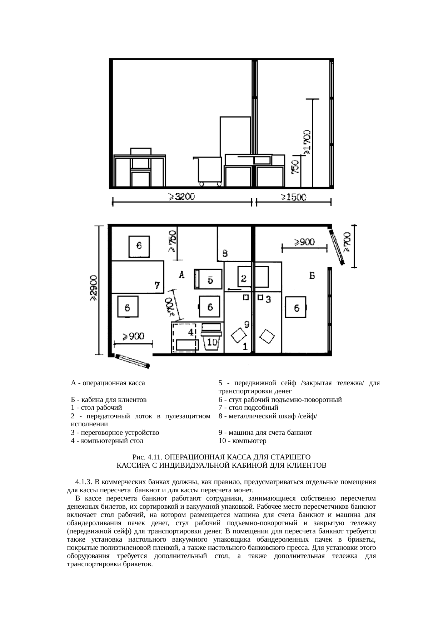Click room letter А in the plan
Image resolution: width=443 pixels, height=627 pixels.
click(x=181, y=275)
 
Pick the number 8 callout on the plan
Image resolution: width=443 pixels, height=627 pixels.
click(x=225, y=253)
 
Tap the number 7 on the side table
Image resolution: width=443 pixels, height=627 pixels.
click(x=156, y=285)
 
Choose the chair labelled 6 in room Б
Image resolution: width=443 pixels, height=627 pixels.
click(x=296, y=307)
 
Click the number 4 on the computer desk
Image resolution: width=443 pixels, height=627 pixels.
click(x=191, y=332)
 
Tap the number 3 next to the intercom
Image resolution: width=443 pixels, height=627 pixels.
click(x=268, y=299)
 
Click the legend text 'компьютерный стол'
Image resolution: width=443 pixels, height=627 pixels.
click(x=112, y=441)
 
